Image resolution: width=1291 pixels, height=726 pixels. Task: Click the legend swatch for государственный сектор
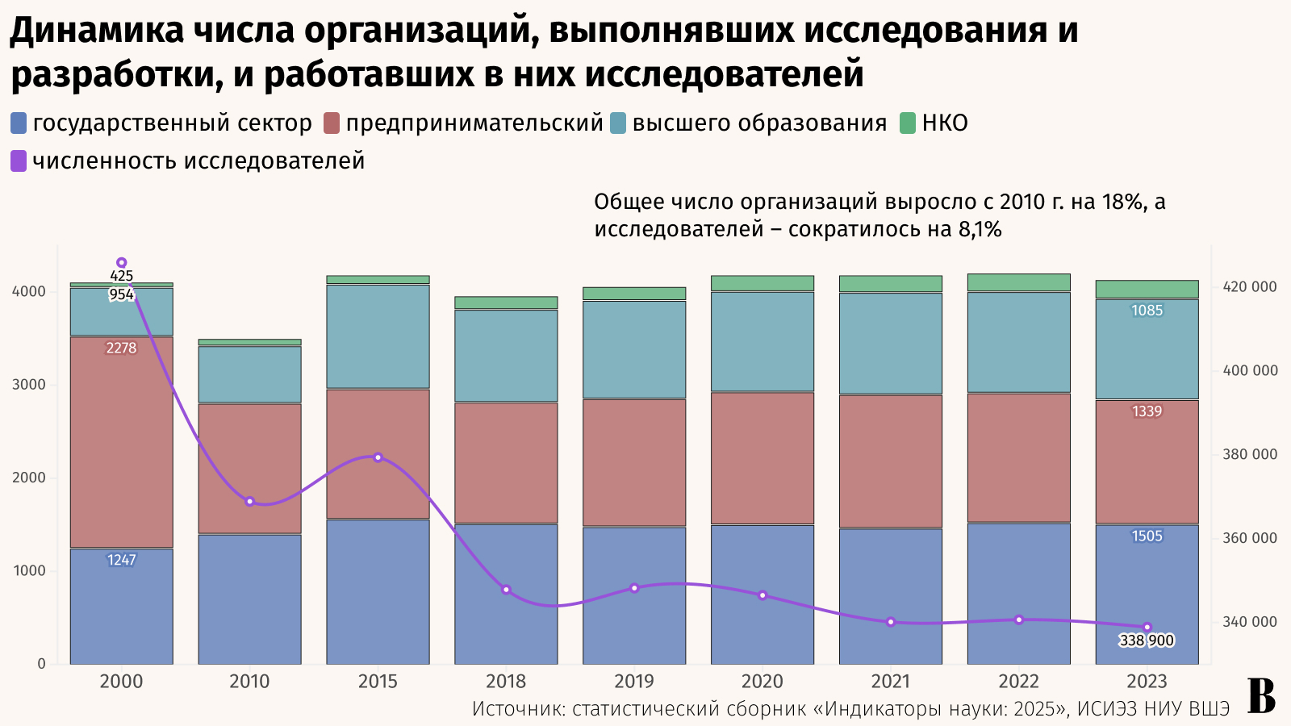tap(19, 123)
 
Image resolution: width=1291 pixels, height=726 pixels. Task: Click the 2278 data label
tap(121, 348)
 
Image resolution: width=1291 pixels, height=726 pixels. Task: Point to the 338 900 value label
tap(1147, 640)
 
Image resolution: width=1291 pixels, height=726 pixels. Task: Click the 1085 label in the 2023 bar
tap(1147, 311)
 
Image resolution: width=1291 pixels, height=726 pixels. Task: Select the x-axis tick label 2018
tap(506, 682)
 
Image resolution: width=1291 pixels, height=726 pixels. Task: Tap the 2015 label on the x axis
tap(378, 682)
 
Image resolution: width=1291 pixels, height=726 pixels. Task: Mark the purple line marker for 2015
tap(378, 457)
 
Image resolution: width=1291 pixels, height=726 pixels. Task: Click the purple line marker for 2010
tap(249, 502)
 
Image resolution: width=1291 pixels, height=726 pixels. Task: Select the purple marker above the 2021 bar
tap(891, 622)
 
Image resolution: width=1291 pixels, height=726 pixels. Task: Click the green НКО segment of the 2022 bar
tap(1018, 282)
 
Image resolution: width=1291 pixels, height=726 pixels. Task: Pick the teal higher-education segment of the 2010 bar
tap(249, 375)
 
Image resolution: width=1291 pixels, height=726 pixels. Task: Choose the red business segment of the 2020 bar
tap(762, 458)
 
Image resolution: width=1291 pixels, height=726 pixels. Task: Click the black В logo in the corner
tap(1261, 696)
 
